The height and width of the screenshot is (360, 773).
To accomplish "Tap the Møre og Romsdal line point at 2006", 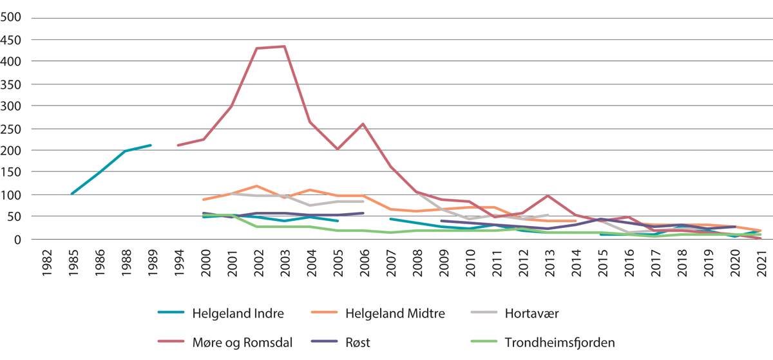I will pos(364,124).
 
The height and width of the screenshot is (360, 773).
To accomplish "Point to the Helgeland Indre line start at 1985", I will pos(72,194).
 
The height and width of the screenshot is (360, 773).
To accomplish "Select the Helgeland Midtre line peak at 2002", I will pos(258,185).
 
